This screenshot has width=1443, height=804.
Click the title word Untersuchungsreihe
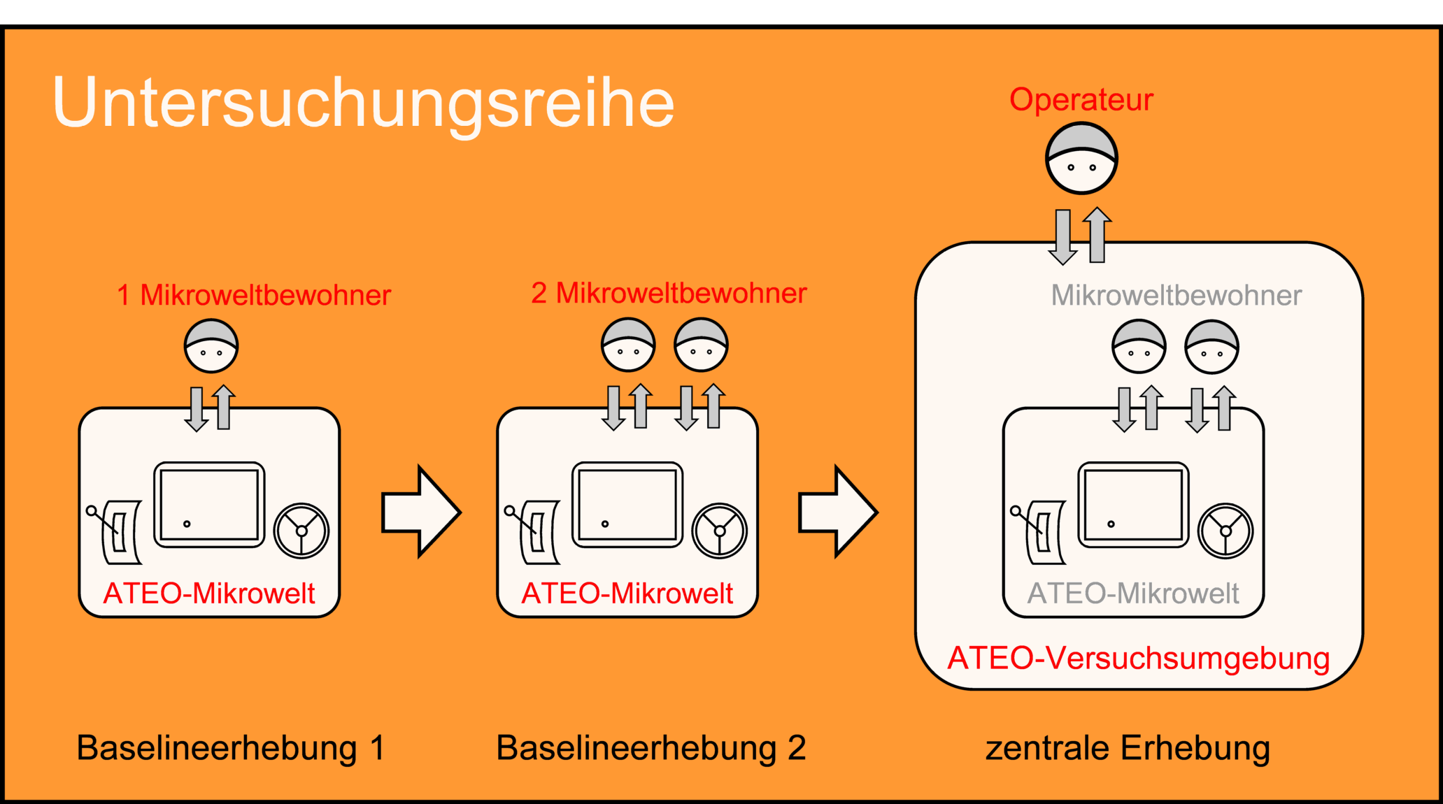pos(363,103)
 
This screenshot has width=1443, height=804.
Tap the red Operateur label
pos(1081,100)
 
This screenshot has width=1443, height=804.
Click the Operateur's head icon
pos(1081,159)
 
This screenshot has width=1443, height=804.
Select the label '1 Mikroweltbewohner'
pos(253,295)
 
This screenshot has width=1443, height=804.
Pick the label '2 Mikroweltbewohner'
pos(669,294)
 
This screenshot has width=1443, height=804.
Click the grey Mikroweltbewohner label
pos(1176,296)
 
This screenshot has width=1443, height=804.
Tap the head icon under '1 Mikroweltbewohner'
pos(211,346)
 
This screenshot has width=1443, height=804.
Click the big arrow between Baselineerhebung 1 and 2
pos(420,512)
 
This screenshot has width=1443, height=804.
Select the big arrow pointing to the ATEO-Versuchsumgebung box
pos(837,512)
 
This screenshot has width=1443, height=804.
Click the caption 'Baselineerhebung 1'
pos(231,748)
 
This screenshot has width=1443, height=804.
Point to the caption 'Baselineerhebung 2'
pos(651,748)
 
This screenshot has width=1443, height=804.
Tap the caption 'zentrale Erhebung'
pos(1128,748)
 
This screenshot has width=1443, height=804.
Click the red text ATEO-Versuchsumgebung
pos(1138,659)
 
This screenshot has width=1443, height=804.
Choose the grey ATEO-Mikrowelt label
pos(1133,594)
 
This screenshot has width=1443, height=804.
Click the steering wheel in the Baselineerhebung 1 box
pos(301,531)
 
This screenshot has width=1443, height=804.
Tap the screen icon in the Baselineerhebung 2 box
pos(627,505)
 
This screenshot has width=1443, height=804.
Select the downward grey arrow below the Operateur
pos(1063,236)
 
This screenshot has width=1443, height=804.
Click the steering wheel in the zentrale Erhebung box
pos(1225,531)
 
